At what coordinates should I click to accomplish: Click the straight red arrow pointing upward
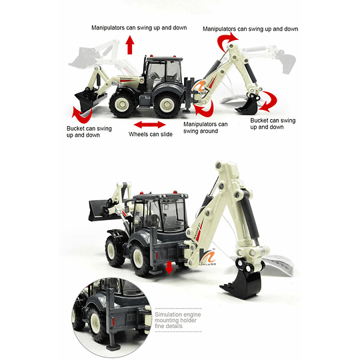click(130, 45)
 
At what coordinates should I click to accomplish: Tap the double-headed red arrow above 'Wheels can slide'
click(150, 125)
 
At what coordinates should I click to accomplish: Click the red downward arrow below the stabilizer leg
click(169, 267)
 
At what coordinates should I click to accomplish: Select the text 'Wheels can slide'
click(151, 134)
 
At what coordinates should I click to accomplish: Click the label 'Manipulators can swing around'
click(205, 127)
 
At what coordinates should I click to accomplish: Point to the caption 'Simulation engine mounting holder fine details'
click(178, 320)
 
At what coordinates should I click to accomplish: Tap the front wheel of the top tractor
click(123, 105)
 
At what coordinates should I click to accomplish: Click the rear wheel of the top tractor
click(167, 105)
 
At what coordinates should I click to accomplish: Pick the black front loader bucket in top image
click(89, 99)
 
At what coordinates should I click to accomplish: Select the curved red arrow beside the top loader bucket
click(82, 115)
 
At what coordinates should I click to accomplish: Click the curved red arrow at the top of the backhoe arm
click(226, 41)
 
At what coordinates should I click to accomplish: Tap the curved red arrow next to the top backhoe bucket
click(269, 101)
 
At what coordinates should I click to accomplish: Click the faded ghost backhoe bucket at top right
click(286, 61)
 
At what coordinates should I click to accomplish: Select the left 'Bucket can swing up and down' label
click(89, 132)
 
